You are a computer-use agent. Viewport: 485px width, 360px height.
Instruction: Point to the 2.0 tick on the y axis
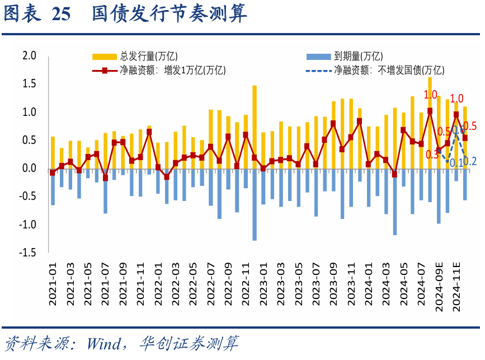pyautogui.click(x=29, y=56)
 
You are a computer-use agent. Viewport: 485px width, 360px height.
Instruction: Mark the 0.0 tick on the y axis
pyautogui.click(x=29, y=169)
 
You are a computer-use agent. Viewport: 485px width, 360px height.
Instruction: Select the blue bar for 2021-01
pyautogui.click(x=53, y=187)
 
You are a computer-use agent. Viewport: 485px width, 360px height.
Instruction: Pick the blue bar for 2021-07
pyautogui.click(x=105, y=191)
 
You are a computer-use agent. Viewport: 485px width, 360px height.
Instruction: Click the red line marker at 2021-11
pyautogui.click(x=149, y=132)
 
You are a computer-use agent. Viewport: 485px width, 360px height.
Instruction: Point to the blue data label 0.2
pyautogui.click(x=470, y=162)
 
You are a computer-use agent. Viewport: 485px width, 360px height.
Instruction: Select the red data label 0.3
pyautogui.click(x=432, y=155)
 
